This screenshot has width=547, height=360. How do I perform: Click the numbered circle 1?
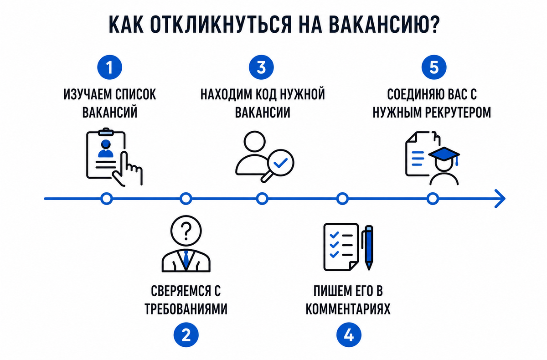110,67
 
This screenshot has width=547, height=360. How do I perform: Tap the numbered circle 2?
186,335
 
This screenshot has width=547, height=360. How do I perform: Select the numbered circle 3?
261,67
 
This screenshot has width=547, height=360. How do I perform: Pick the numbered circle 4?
349,335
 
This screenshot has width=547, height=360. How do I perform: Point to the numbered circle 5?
434,67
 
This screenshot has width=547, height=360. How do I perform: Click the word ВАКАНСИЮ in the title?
379,25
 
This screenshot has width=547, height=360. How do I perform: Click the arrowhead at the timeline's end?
500,199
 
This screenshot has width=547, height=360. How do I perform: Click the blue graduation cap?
444,155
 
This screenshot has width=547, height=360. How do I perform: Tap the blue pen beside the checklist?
369,247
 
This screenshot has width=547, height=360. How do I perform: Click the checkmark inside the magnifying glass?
280,163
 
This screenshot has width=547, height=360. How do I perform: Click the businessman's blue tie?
186,259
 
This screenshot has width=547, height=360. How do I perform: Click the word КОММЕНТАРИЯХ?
348,309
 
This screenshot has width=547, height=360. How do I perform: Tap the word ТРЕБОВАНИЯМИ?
186,309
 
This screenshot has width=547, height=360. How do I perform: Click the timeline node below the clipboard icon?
107,199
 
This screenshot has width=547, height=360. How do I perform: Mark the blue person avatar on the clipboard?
105,149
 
